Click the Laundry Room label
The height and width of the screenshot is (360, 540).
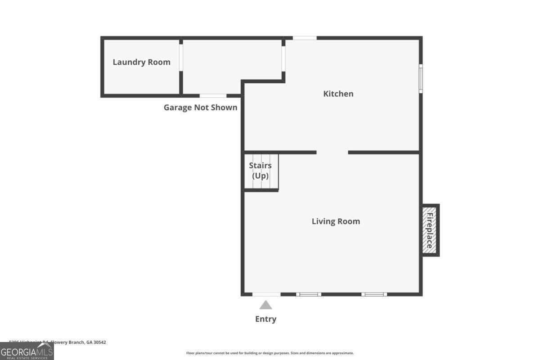pos(141,62)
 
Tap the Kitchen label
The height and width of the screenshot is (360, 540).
pos(338,94)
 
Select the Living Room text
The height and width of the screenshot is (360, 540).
pos(336,221)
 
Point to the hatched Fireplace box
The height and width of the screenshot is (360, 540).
pos(430,230)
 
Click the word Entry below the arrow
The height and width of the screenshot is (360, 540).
pos(265,319)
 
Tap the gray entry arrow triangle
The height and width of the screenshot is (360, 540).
pos(265,305)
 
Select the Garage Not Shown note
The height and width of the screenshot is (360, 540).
pos(200,108)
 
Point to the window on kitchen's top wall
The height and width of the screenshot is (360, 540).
pos(305,38)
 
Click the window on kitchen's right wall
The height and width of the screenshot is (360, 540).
pos(421,78)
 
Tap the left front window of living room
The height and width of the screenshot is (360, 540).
pos(309,294)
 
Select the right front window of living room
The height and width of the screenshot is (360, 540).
pos(374,294)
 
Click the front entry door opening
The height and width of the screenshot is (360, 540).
pos(266,294)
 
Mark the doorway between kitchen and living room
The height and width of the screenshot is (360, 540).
pos(332,153)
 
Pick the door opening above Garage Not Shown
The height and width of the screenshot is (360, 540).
pos(213,95)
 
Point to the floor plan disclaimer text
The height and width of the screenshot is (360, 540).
pos(270,353)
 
